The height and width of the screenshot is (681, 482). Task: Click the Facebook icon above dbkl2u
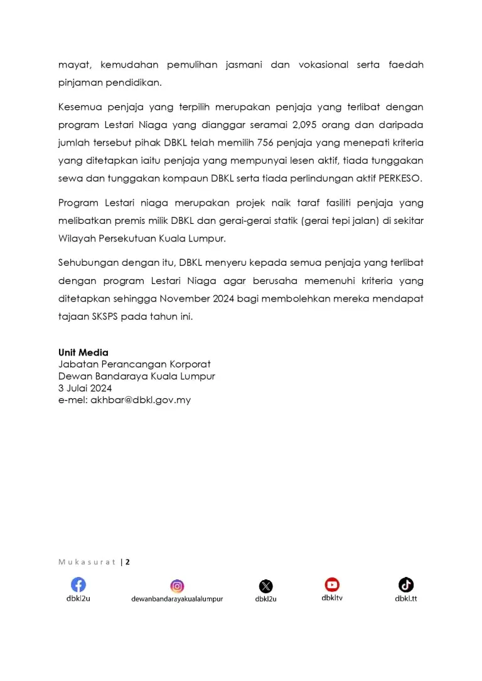point(78,584)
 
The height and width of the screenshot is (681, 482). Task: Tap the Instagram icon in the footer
point(178,586)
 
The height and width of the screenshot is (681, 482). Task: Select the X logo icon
point(266,586)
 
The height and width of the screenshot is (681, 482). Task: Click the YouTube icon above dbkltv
point(332,584)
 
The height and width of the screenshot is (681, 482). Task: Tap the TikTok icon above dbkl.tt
point(406,584)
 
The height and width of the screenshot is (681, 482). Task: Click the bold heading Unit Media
point(83,352)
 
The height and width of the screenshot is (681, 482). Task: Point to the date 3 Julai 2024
point(85,388)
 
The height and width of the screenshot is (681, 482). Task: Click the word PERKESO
point(400,177)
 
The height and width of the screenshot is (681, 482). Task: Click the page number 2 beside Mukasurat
point(127,562)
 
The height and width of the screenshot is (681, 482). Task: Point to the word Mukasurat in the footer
point(87,562)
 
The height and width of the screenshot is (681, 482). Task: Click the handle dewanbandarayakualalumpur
point(177,599)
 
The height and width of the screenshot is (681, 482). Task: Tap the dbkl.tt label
point(406,598)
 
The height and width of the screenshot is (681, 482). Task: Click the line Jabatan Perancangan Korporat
point(134,364)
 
